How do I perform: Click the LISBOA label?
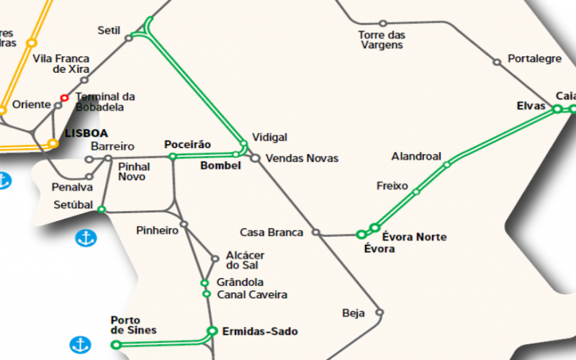(86, 134)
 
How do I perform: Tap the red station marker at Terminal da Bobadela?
(64, 98)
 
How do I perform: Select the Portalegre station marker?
(497, 63)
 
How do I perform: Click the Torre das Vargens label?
(382, 40)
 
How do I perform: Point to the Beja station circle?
(379, 312)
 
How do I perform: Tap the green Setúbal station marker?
(102, 210)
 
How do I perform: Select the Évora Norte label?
(414, 237)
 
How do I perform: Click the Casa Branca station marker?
(315, 233)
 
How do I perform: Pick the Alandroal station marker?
(447, 164)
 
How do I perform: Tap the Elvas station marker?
(557, 109)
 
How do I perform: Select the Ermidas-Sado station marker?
(212, 331)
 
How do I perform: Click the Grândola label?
(240, 282)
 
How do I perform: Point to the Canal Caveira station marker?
(207, 294)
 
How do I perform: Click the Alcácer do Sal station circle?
(215, 259)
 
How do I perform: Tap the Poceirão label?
(187, 145)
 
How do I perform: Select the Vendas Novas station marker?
(255, 158)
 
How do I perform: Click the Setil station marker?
(129, 38)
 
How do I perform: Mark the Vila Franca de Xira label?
(61, 64)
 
